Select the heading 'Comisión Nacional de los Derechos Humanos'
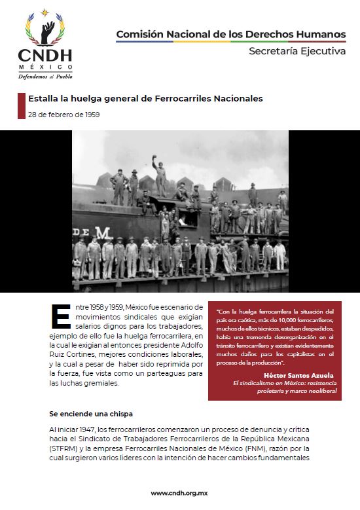click(231, 33)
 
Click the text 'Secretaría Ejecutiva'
click(297, 52)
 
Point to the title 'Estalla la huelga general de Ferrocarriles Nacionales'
click(145, 99)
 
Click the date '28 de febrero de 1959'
click(63, 114)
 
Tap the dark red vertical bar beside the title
click(20, 106)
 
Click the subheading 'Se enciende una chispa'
click(91, 414)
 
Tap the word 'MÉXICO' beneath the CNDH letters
click(45, 67)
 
